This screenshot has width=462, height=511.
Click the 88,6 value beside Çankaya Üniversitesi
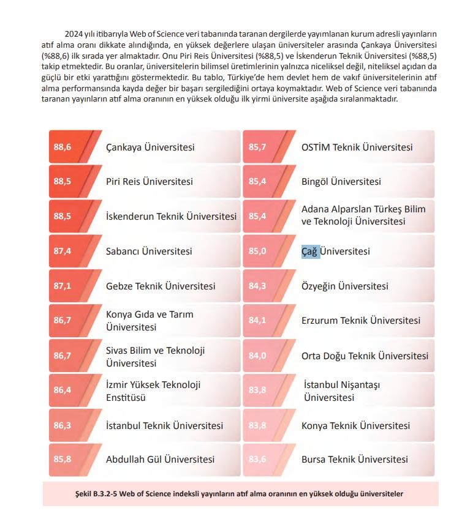(62, 147)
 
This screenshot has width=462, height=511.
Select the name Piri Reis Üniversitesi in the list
(150, 182)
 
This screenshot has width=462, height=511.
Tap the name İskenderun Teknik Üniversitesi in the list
(171, 217)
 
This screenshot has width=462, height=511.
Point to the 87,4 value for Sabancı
(62, 252)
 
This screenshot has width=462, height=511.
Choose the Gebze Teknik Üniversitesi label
(161, 286)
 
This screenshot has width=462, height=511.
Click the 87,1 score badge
(62, 286)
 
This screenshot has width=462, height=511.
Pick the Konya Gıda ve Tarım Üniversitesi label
(150, 321)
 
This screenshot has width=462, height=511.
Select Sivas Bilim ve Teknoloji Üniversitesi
(155, 357)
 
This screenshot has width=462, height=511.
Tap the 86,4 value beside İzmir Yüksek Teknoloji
(62, 390)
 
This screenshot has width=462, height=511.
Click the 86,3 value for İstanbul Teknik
(62, 425)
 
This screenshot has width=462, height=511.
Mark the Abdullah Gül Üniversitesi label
(160, 460)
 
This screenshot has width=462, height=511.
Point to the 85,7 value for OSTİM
(257, 147)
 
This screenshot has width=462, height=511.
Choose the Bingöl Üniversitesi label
(341, 182)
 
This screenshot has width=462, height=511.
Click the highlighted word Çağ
(311, 252)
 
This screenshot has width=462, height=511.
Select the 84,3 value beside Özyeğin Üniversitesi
(257, 286)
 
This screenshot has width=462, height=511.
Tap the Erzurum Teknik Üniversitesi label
(361, 321)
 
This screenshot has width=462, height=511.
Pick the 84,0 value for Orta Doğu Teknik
(257, 356)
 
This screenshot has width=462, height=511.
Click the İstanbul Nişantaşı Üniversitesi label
(342, 391)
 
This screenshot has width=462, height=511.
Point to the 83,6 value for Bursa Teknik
(257, 460)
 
